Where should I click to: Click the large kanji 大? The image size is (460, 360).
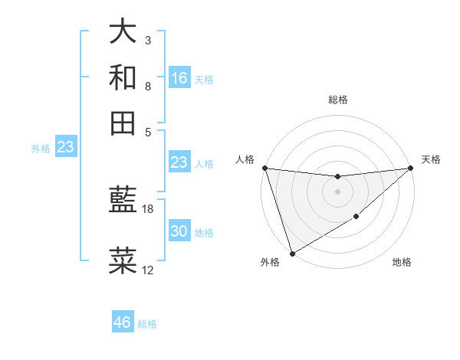[123, 31]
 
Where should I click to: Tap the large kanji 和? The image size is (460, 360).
[123, 78]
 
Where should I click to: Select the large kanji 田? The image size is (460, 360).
[123, 123]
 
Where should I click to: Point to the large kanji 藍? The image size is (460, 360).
[123, 201]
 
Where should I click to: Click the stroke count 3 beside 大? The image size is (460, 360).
[147, 40]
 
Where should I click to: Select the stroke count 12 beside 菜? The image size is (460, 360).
[148, 270]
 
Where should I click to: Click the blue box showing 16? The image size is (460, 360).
[179, 78]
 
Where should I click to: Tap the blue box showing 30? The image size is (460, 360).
[179, 231]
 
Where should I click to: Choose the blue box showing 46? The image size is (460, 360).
[123, 322]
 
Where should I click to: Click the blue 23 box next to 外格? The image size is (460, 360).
[65, 147]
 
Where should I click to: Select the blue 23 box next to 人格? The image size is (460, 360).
[179, 162]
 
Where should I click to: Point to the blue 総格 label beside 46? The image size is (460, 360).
[147, 324]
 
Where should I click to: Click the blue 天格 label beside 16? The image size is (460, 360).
[204, 80]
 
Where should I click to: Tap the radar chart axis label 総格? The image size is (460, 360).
[337, 100]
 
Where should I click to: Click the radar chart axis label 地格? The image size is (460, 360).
[402, 263]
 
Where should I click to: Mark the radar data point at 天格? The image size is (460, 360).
[411, 168]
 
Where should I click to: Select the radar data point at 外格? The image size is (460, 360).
[292, 254]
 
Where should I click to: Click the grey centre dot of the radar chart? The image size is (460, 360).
[337, 191]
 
